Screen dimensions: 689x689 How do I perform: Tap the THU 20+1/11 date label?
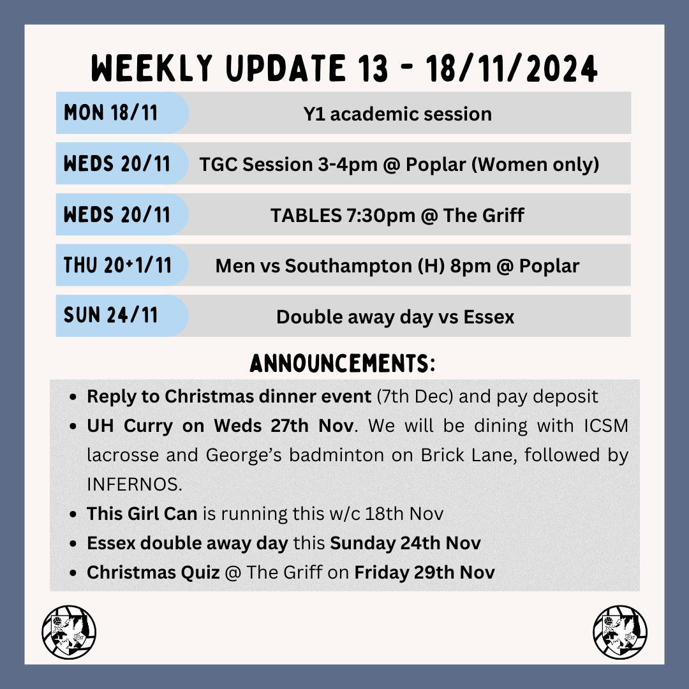[117, 265]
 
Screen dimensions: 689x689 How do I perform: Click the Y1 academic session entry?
[397, 114]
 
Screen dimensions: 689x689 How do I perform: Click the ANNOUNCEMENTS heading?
[343, 364]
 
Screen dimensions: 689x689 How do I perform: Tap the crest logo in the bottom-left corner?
[69, 632]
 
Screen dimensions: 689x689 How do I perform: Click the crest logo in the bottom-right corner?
[619, 632]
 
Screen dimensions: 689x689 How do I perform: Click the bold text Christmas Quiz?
[153, 572]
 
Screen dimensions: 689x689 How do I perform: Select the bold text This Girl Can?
[142, 514]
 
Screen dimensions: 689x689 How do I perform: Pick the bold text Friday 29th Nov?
[424, 572]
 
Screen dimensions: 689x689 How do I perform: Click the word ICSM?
[604, 426]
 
